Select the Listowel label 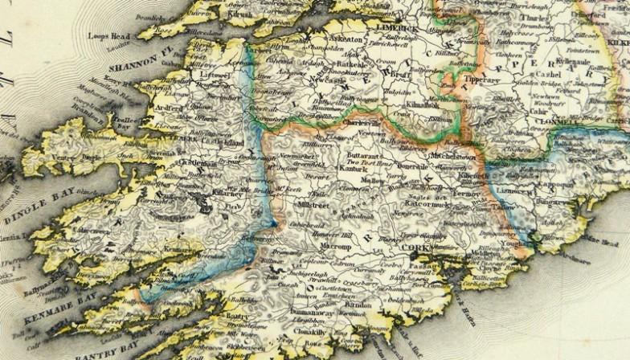pos(213,74)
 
